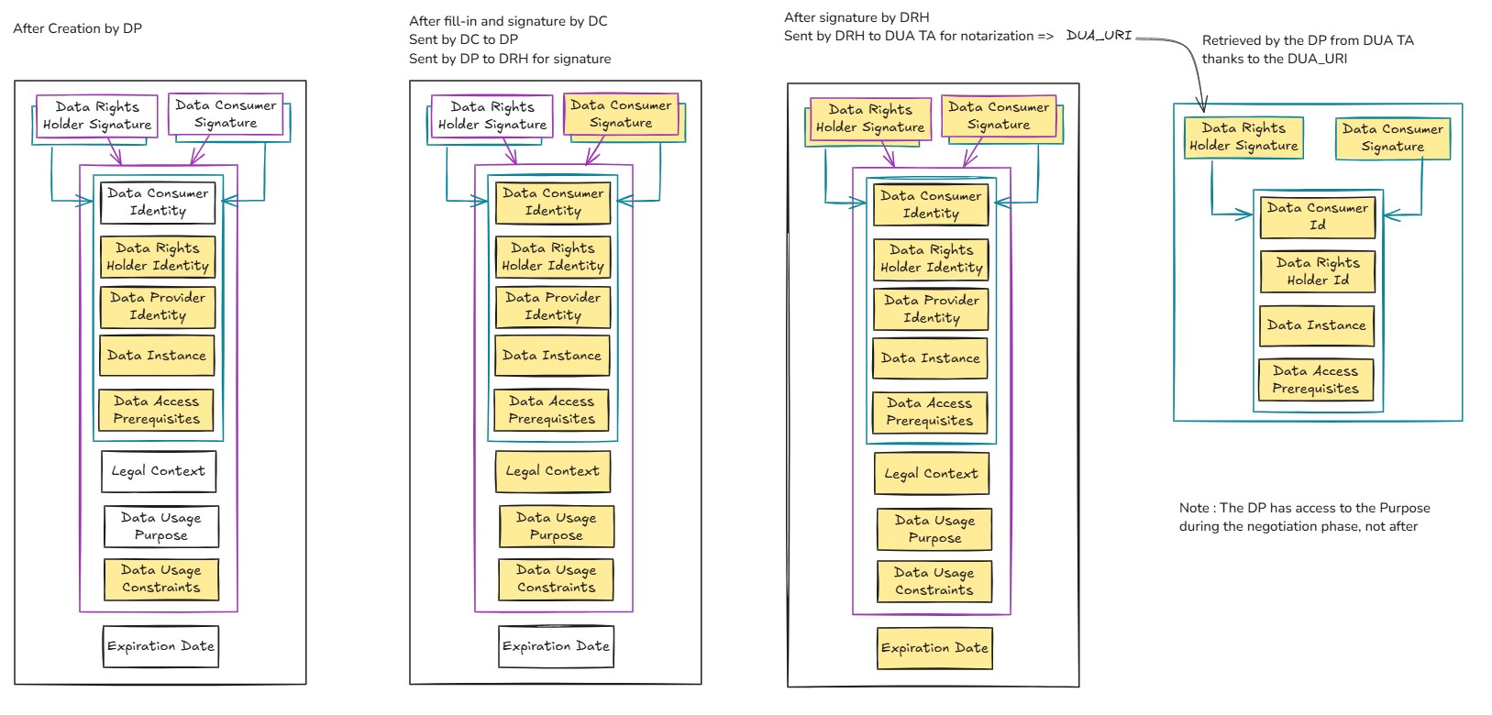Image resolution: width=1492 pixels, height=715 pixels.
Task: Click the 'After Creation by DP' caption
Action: click(77, 28)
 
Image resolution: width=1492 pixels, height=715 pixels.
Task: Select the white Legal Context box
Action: click(159, 471)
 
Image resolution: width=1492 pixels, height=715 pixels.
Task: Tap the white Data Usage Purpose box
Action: click(160, 526)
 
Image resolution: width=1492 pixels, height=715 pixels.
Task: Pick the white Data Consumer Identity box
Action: click(158, 202)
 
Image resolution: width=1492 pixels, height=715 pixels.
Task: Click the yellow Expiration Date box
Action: click(934, 648)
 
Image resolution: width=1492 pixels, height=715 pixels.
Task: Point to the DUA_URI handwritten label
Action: click(1099, 36)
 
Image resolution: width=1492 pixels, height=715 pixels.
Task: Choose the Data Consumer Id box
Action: click(1317, 216)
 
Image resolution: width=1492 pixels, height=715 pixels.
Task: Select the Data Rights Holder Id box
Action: click(1317, 271)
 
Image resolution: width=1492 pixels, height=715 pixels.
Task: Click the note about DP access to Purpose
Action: click(1304, 517)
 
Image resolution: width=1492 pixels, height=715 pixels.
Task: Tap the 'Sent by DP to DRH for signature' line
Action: click(510, 59)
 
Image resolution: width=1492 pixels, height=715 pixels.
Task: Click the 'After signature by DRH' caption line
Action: click(857, 17)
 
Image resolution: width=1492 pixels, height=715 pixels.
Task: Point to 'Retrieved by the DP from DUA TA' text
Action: click(1308, 40)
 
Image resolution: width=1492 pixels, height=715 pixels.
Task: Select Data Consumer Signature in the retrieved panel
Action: click(1392, 137)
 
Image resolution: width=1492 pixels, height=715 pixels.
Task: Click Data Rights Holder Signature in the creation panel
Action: click(96, 115)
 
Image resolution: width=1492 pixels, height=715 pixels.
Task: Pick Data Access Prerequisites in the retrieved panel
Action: click(1315, 379)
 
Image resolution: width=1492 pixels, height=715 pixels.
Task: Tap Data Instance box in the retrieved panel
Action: click(1316, 325)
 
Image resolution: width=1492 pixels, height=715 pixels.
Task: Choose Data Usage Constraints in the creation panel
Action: click(160, 578)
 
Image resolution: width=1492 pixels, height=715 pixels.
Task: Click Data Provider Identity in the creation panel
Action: click(157, 306)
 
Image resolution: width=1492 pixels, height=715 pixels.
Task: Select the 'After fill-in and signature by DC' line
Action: click(508, 21)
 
